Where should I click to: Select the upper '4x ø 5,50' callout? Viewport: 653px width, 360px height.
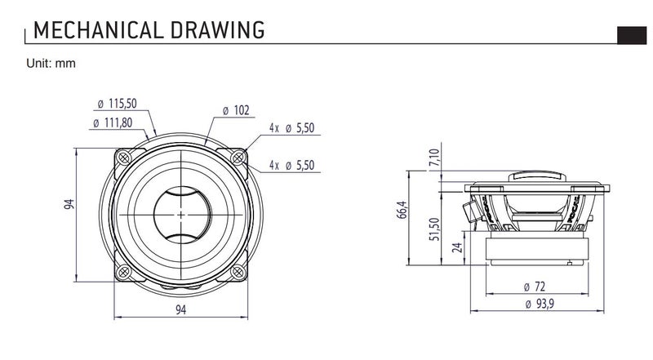click(292, 128)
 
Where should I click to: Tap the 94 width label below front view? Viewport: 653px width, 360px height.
click(180, 309)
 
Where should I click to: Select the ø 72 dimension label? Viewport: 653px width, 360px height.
click(535, 287)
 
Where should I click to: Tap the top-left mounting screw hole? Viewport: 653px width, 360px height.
click(123, 158)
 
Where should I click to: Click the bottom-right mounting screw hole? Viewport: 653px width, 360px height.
click(238, 272)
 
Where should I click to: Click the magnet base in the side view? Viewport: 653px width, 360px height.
click(535, 248)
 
